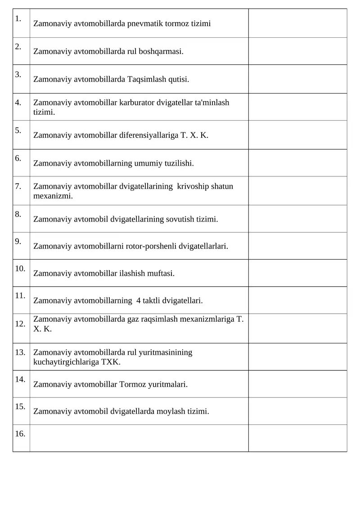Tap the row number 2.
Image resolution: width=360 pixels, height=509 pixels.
click(18, 46)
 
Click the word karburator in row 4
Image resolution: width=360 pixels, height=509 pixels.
click(137, 103)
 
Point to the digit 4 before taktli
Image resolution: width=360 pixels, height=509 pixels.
click(138, 300)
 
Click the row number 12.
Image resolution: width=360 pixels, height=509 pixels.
click(20, 324)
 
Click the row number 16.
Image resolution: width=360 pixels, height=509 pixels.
click(20, 434)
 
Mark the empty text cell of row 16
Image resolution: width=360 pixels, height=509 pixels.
click(139, 438)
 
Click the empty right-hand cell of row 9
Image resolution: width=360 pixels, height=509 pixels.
click(297, 246)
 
